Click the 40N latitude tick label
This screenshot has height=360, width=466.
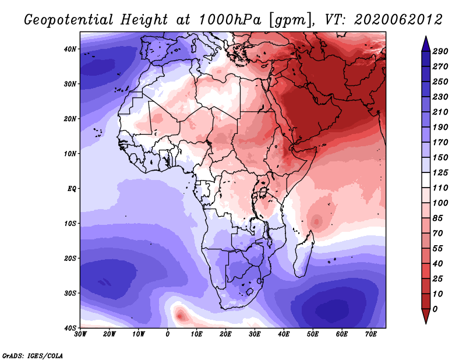pos(70,49)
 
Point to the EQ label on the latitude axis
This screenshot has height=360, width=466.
pos(72,189)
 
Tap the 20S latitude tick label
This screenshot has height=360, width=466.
pos(70,258)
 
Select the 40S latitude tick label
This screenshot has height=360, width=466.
pos(70,328)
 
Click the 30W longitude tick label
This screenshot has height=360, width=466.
pos(80,334)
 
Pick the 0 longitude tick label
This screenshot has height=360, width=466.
pos(168,334)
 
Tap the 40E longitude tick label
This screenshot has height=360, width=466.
pos(284,334)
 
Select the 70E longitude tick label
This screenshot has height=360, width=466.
pos(371,334)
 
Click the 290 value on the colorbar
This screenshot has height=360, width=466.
pos(440,51)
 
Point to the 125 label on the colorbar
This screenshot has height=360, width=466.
pos(440,172)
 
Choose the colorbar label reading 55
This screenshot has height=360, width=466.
pos(437,249)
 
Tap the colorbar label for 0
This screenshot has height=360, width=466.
pos(435,309)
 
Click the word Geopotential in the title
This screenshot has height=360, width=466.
pos(69,20)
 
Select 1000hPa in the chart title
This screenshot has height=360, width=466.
pos(230,20)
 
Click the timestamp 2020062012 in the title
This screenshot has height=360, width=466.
pos(398,20)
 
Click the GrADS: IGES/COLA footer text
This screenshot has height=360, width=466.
pos(33,356)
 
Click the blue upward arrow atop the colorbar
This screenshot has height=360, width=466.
pos(426,44)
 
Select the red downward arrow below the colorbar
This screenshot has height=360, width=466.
pos(426,316)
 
